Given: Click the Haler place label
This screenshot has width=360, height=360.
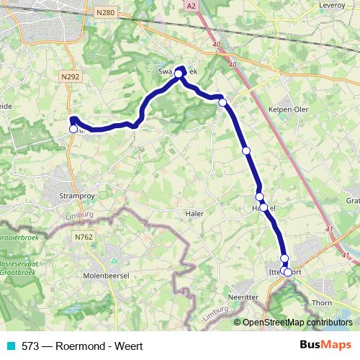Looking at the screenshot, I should point(194,214).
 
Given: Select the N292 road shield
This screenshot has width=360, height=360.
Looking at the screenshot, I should point(71,76).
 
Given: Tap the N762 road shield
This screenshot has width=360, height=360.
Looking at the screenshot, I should point(84,235).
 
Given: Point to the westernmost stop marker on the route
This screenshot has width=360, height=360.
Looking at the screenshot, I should point(73,129).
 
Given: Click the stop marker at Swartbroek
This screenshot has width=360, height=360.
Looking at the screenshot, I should point(179,73).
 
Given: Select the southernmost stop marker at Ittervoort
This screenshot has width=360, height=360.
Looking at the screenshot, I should point(288,272).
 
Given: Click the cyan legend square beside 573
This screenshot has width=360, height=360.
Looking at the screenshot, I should point(12,346).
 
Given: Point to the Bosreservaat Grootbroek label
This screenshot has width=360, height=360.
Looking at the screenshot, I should point(19,269).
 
